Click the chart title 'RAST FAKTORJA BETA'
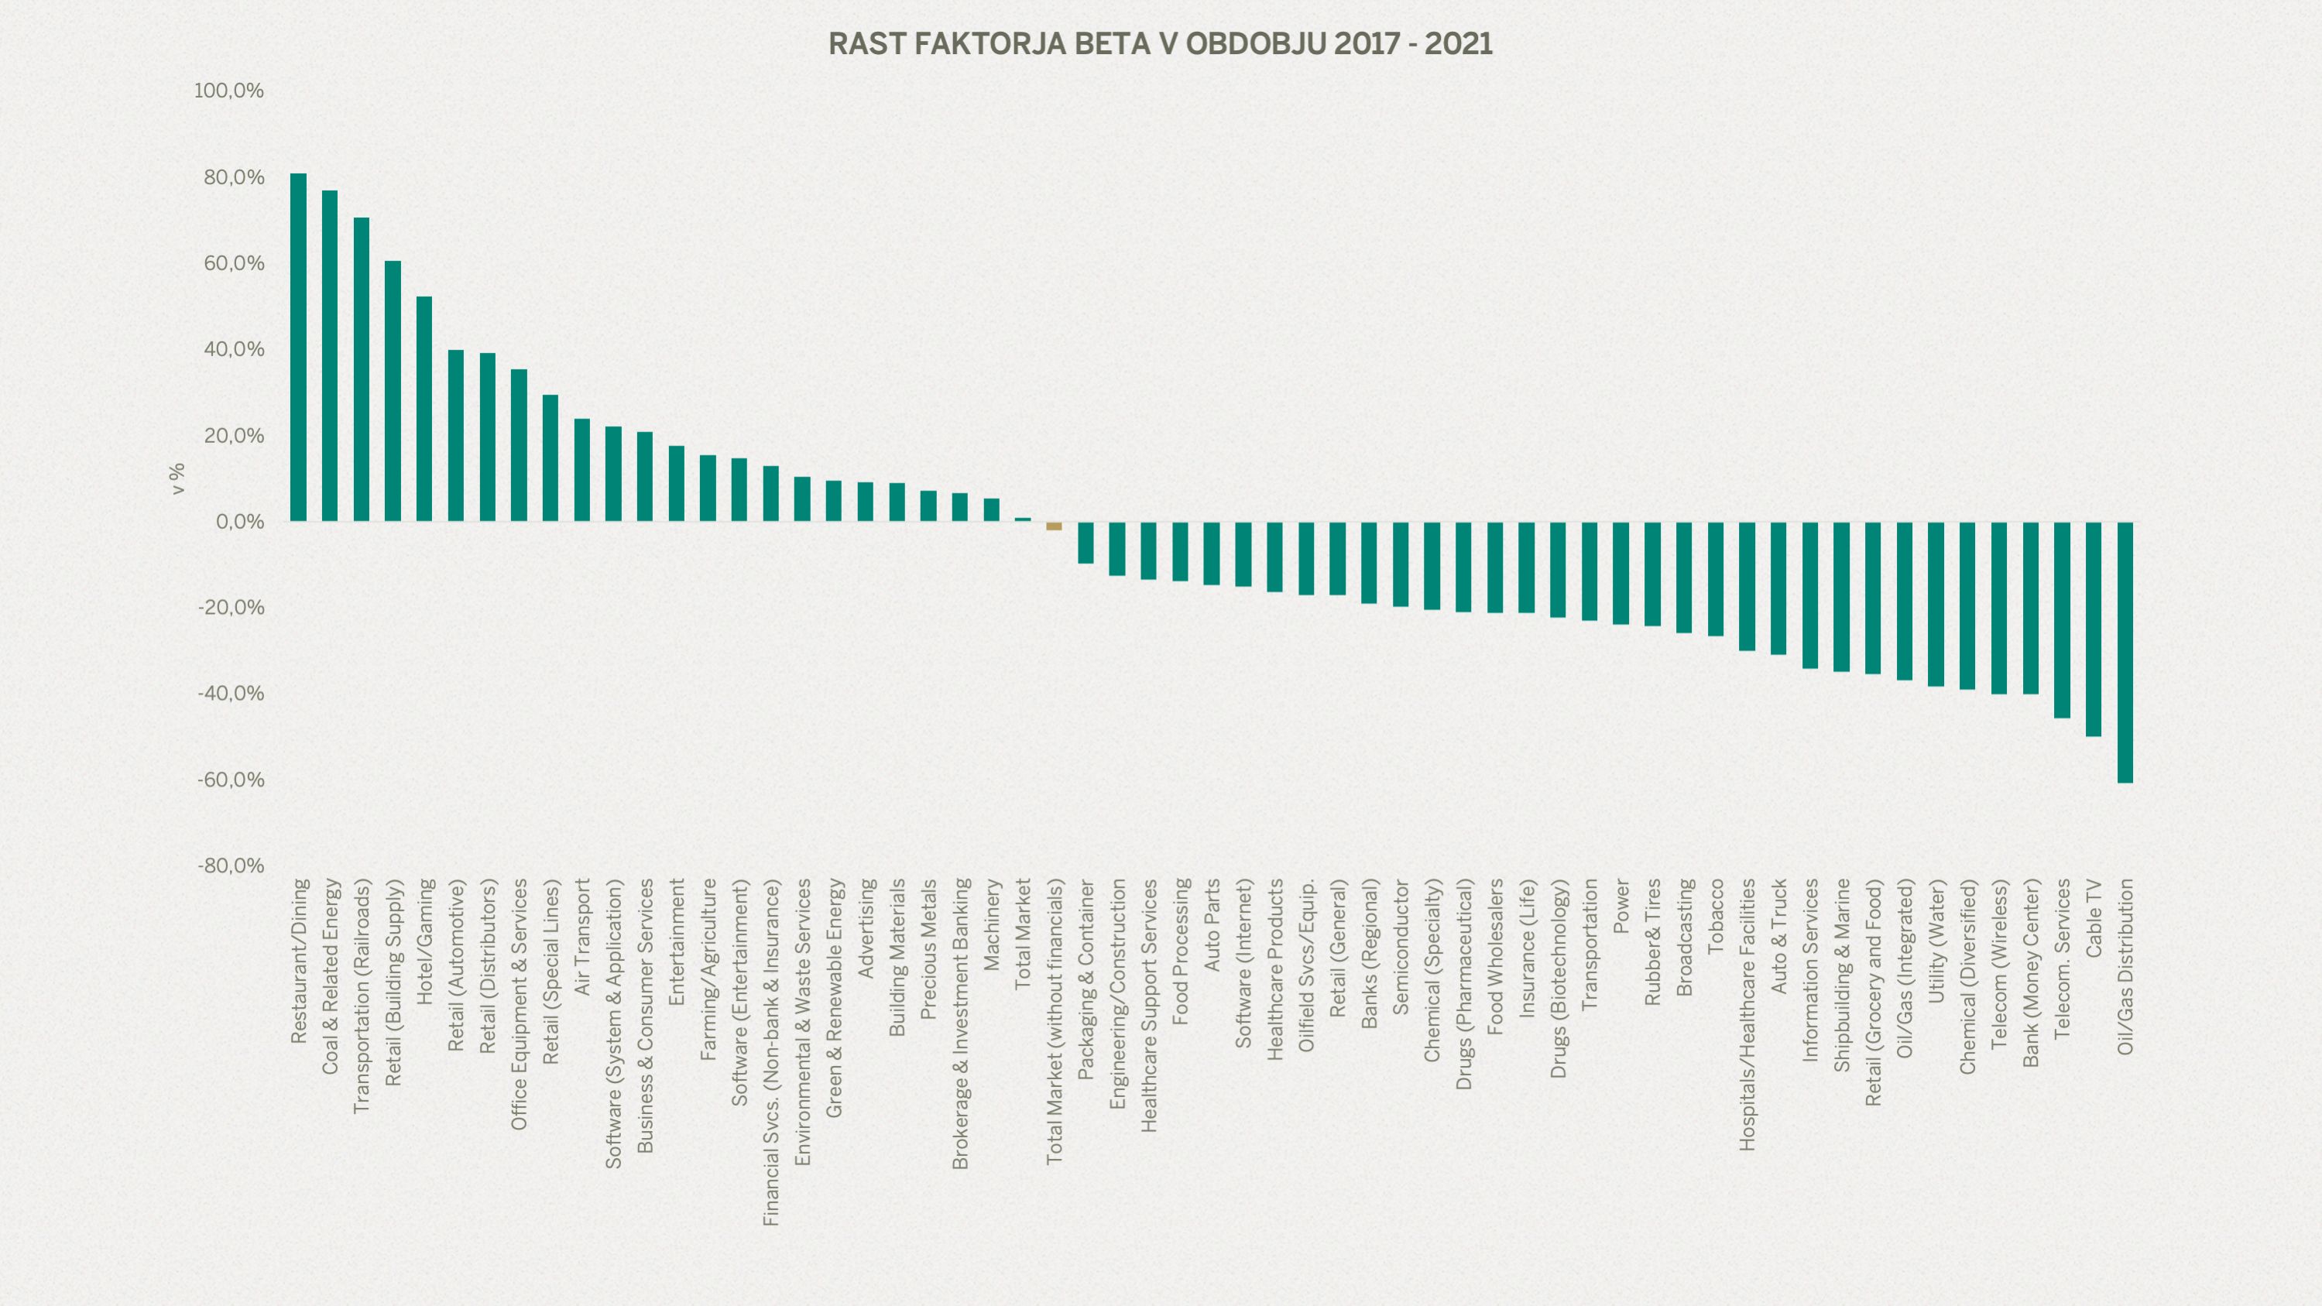click(1160, 44)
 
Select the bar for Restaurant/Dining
click(298, 347)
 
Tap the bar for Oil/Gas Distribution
click(2125, 652)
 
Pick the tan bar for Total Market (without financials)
click(1054, 526)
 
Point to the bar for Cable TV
click(2093, 629)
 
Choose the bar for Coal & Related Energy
click(330, 356)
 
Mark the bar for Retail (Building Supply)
click(393, 391)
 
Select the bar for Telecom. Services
click(2062, 620)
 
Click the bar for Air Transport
click(581, 470)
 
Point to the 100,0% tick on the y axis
click(229, 91)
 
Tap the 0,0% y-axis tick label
click(239, 522)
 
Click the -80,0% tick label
click(231, 866)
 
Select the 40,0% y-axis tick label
click(234, 350)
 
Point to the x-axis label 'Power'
click(1621, 907)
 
